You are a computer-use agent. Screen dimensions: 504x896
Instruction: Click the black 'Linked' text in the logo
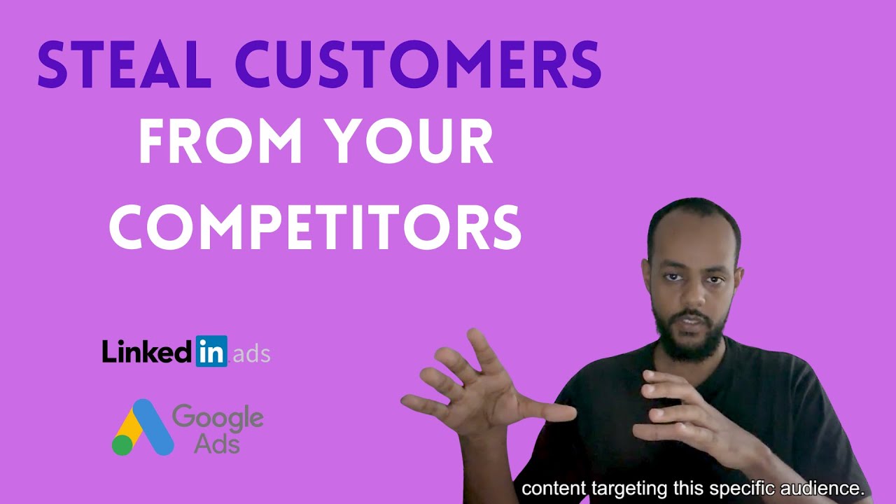click(x=147, y=351)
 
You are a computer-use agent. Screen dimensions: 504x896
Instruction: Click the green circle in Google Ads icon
click(x=122, y=445)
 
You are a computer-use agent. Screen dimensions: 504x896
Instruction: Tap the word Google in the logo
click(x=218, y=418)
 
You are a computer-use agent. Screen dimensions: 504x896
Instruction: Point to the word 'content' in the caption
click(x=553, y=488)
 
